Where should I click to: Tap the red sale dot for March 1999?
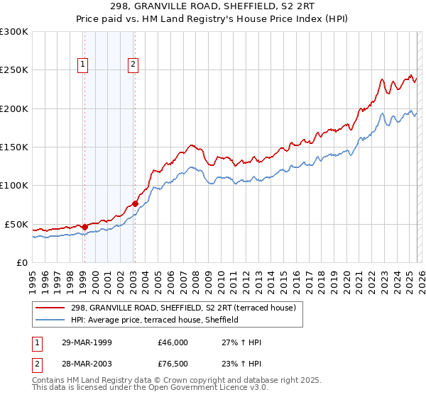[x=84, y=227]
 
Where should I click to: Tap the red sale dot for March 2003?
[x=135, y=203]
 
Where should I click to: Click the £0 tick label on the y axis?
[x=22, y=262]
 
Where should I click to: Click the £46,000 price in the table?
[x=173, y=342]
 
